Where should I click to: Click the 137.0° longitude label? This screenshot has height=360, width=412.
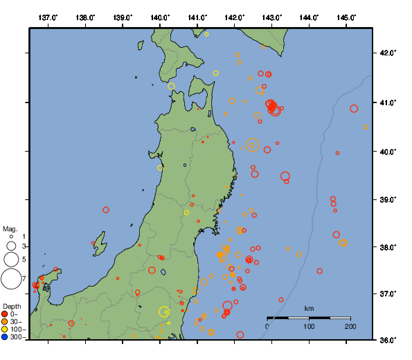[48, 17]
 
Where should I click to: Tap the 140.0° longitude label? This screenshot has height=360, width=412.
[160, 17]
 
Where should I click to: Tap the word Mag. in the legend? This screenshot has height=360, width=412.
[10, 228]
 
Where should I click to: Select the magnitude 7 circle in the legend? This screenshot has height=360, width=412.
[10, 279]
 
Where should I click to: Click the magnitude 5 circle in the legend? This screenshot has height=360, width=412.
[10, 259]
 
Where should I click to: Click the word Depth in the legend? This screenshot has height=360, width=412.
[12, 306]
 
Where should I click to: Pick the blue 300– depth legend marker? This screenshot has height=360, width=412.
[5, 338]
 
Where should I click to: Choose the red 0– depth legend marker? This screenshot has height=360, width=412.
[5, 314]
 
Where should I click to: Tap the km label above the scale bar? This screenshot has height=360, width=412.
[309, 308]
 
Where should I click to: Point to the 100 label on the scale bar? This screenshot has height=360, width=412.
[309, 326]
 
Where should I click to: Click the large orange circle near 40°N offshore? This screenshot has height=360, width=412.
[252, 145]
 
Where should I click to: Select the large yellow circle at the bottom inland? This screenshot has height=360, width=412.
[164, 312]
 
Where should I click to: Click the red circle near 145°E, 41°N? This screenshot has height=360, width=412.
[354, 109]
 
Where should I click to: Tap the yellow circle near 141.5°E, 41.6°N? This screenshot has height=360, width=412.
[216, 73]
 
